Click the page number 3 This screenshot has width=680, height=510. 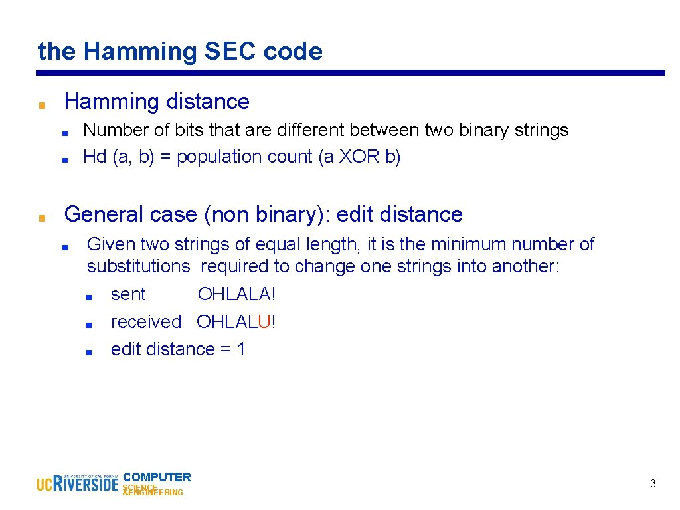tap(653, 484)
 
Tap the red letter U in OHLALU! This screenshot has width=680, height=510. tap(264, 322)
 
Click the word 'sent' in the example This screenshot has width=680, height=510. tap(128, 294)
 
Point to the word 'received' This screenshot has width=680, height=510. tap(146, 322)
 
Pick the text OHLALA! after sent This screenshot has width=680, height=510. tap(236, 294)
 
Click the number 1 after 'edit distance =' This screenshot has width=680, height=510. tap(240, 349)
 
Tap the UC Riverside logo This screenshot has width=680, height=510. tap(77, 483)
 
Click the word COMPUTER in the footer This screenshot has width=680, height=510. tap(157, 477)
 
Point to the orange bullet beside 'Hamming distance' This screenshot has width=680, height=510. tap(42, 105)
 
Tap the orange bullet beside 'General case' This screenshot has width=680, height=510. tap(42, 217)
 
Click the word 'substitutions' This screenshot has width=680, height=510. tap(138, 266)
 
